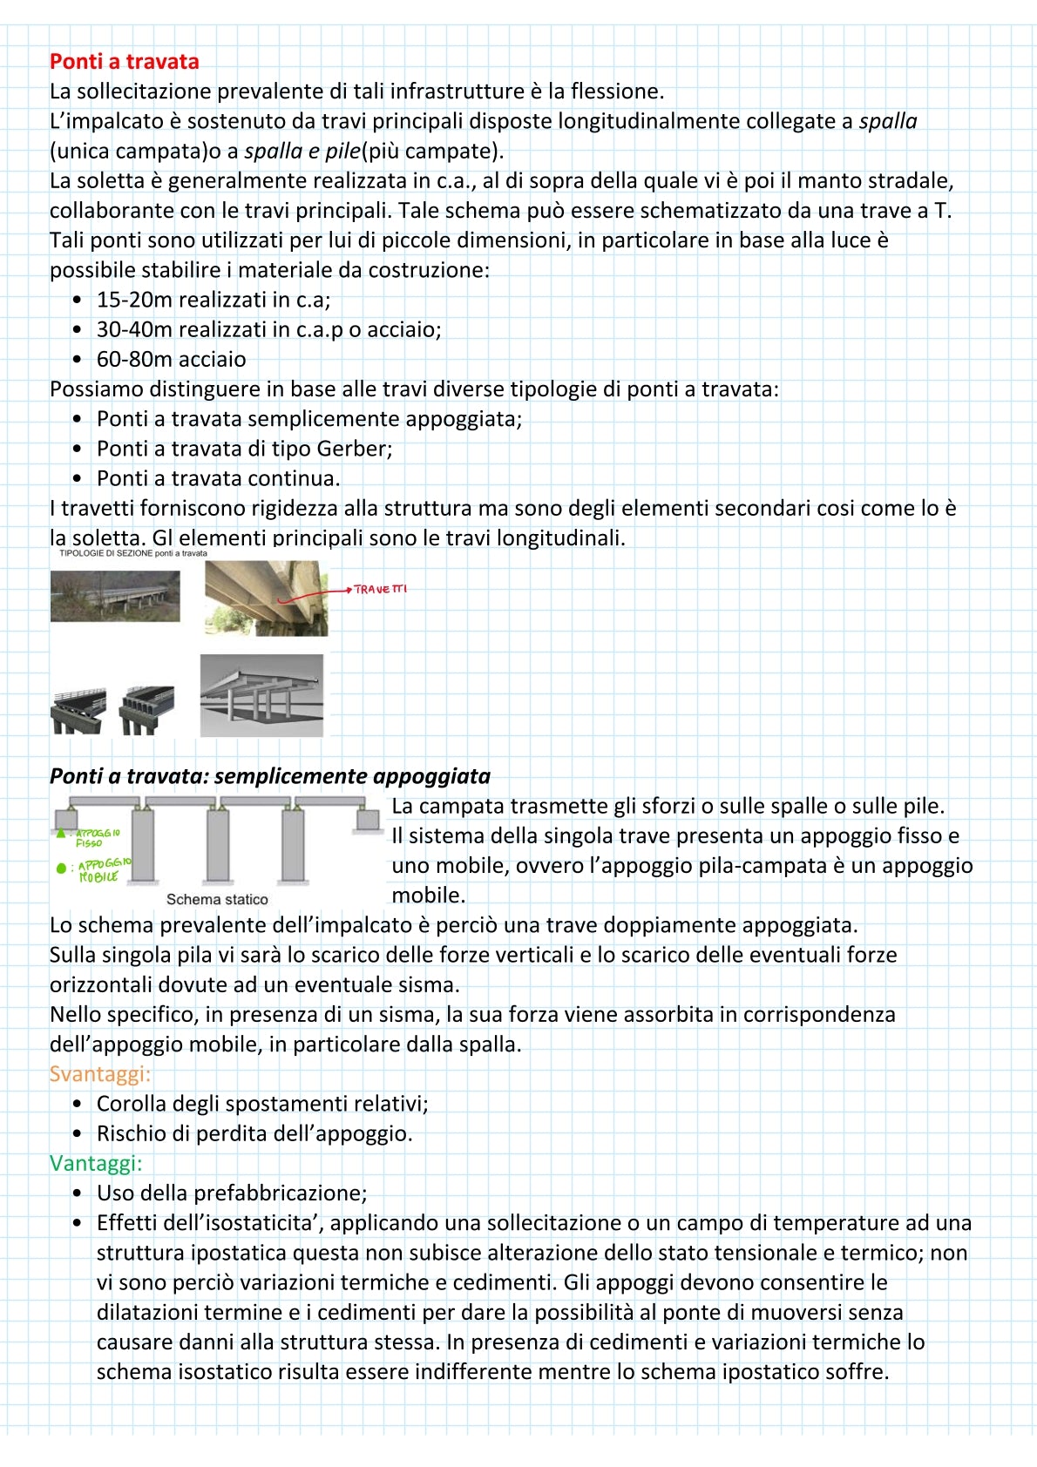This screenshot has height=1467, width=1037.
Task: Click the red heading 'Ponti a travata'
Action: tap(124, 62)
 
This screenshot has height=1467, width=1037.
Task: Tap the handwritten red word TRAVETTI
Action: tap(380, 590)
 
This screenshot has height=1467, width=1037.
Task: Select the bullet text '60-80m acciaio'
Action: tap(171, 359)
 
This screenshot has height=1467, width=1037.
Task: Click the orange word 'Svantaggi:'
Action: tap(100, 1073)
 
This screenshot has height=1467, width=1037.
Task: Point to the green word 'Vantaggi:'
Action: tap(96, 1163)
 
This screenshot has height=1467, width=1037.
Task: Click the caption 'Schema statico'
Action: tap(217, 899)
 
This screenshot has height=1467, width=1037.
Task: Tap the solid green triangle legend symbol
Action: tap(61, 834)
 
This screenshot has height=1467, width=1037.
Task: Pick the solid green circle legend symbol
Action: tap(61, 868)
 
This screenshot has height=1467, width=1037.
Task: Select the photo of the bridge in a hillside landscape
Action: tap(115, 597)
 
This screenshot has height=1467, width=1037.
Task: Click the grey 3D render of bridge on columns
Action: tap(261, 696)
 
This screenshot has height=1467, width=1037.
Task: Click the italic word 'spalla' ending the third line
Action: tap(887, 121)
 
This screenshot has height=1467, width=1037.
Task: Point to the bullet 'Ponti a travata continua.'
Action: tap(218, 478)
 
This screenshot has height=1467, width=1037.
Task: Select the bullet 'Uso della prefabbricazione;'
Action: tap(232, 1193)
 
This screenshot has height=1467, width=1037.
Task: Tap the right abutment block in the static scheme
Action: tap(368, 819)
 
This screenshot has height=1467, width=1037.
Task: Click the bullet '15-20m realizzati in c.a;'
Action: tap(213, 300)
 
